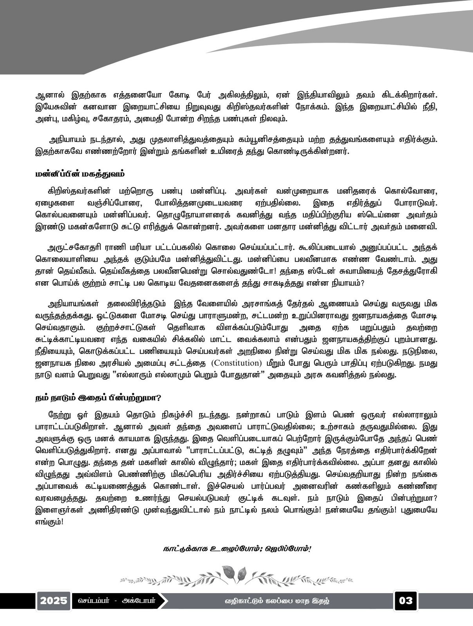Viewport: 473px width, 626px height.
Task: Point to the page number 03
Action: coord(405,600)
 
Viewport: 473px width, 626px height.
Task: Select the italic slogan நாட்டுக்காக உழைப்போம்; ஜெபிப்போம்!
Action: coord(237,549)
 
